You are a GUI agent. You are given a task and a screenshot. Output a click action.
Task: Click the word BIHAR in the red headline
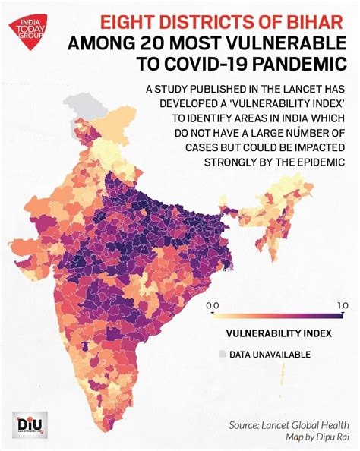[317, 24]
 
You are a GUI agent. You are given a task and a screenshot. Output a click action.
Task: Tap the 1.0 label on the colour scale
[343, 304]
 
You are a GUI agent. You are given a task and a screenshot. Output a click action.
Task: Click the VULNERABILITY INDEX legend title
[277, 333]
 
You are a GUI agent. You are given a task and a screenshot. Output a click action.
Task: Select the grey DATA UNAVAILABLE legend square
[222, 354]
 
